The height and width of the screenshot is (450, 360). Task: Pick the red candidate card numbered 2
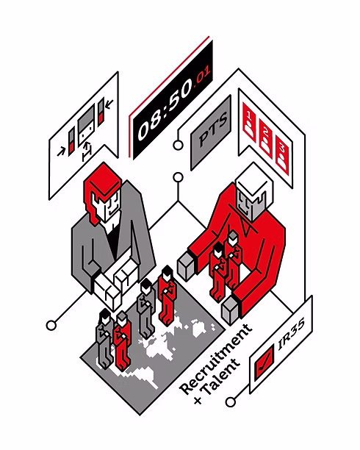point(265,138)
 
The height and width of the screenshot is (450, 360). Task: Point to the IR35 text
point(291,334)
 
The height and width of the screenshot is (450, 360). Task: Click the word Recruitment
point(216,360)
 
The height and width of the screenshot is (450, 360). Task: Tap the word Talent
point(221,376)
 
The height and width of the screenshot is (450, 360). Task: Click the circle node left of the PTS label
point(178,145)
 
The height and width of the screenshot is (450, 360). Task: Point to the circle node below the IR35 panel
point(231,401)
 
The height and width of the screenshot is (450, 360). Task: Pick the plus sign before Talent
point(198,400)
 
